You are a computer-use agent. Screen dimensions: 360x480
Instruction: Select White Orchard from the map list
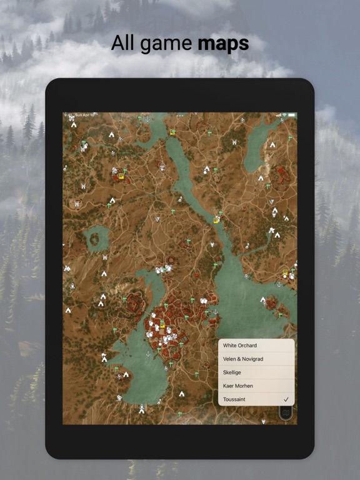240,346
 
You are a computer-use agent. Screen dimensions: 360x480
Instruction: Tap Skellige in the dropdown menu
232,372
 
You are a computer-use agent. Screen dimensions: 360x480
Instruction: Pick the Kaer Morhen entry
238,386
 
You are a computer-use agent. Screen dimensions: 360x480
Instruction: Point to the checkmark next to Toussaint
286,399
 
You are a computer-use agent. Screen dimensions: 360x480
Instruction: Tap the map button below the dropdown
286,412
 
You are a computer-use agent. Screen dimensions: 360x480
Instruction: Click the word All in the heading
122,44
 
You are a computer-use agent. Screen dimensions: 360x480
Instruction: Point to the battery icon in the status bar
291,115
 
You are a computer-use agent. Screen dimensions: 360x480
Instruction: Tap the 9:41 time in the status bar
67,115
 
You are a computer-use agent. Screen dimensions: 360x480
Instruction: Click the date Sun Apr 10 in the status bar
83,115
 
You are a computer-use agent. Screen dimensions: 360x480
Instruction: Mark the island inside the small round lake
97,237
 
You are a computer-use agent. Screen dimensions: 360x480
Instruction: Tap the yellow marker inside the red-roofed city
162,325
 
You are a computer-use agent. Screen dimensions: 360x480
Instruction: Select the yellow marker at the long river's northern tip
173,132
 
